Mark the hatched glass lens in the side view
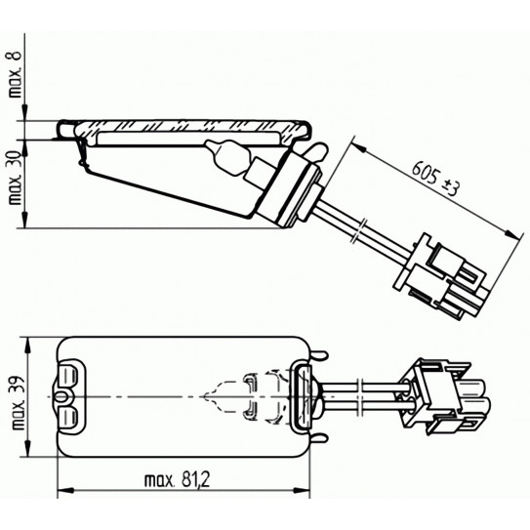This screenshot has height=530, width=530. pyautogui.click(x=185, y=127)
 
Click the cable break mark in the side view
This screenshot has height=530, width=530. pyautogui.click(x=362, y=234)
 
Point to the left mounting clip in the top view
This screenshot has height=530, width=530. pyautogui.click(x=69, y=398)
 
